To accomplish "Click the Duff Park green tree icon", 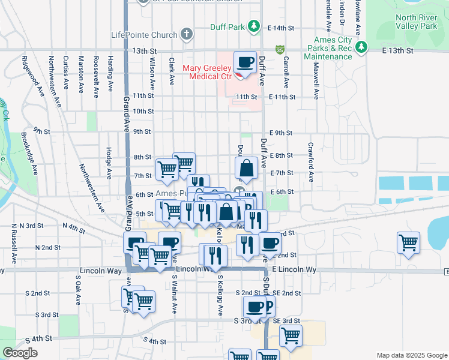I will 255,26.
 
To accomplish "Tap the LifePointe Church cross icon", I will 187,34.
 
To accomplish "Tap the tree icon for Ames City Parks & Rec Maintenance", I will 361,47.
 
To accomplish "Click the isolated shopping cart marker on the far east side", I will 408,243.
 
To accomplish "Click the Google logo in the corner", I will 19,352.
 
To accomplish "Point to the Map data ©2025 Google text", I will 411,355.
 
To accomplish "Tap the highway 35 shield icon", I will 280,49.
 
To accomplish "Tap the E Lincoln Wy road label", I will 294,270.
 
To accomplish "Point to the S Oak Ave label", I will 78,290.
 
